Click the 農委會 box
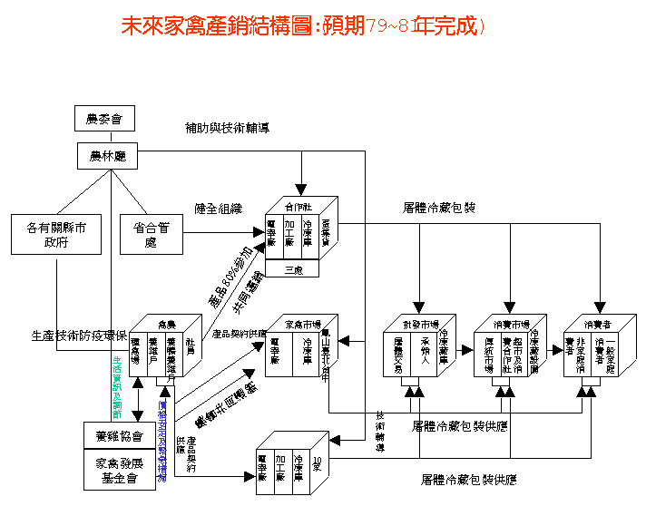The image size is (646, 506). [x=104, y=118]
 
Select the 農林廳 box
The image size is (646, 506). [x=106, y=157]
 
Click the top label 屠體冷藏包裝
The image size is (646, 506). [x=440, y=208]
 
